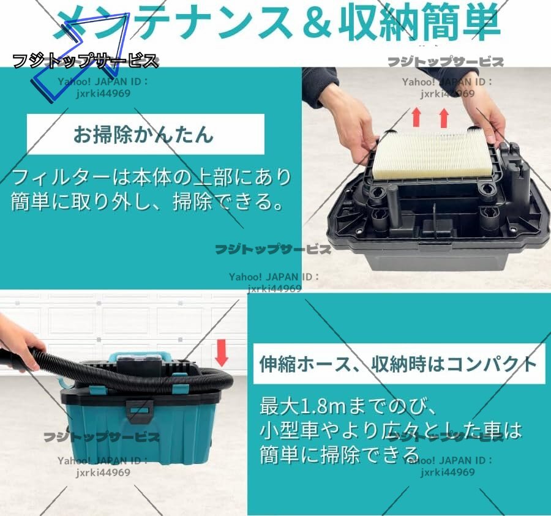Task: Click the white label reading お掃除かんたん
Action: [x=146, y=134]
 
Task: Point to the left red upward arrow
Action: [x=416, y=117]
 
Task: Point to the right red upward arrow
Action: [x=444, y=118]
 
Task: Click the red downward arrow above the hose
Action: [x=222, y=353]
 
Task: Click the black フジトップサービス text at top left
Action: [x=85, y=61]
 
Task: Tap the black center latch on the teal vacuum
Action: [x=141, y=411]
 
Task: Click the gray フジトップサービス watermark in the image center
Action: [x=273, y=249]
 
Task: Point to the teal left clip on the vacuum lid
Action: [x=97, y=389]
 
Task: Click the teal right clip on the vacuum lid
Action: [x=180, y=389]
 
